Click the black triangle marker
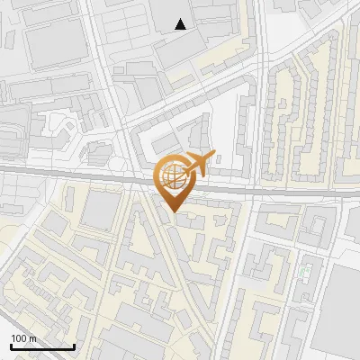tap(181, 24)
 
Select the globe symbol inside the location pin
tap(171, 174)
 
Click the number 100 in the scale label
tap(19, 338)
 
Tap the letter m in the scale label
tap(32, 338)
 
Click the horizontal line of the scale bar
tap(41, 346)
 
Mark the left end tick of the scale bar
tap(10, 345)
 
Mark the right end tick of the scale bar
tap(74, 345)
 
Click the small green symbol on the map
tap(305, 269)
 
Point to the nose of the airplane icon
tap(213, 156)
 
